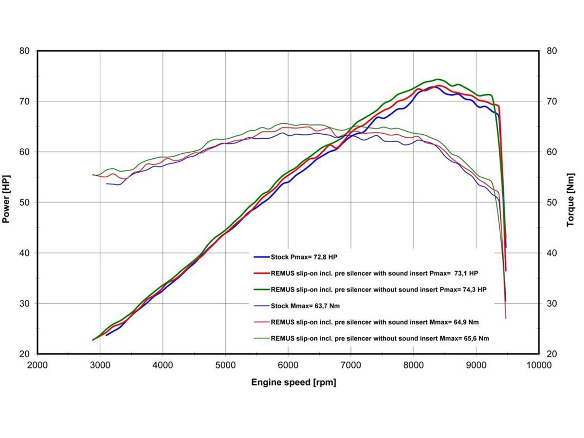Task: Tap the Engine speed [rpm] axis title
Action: [293, 383]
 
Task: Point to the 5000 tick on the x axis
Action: [225, 364]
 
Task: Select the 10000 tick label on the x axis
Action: [539, 364]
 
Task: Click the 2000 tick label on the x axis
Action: [37, 364]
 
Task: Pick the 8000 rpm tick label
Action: [413, 364]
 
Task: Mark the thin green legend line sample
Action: [261, 338]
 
